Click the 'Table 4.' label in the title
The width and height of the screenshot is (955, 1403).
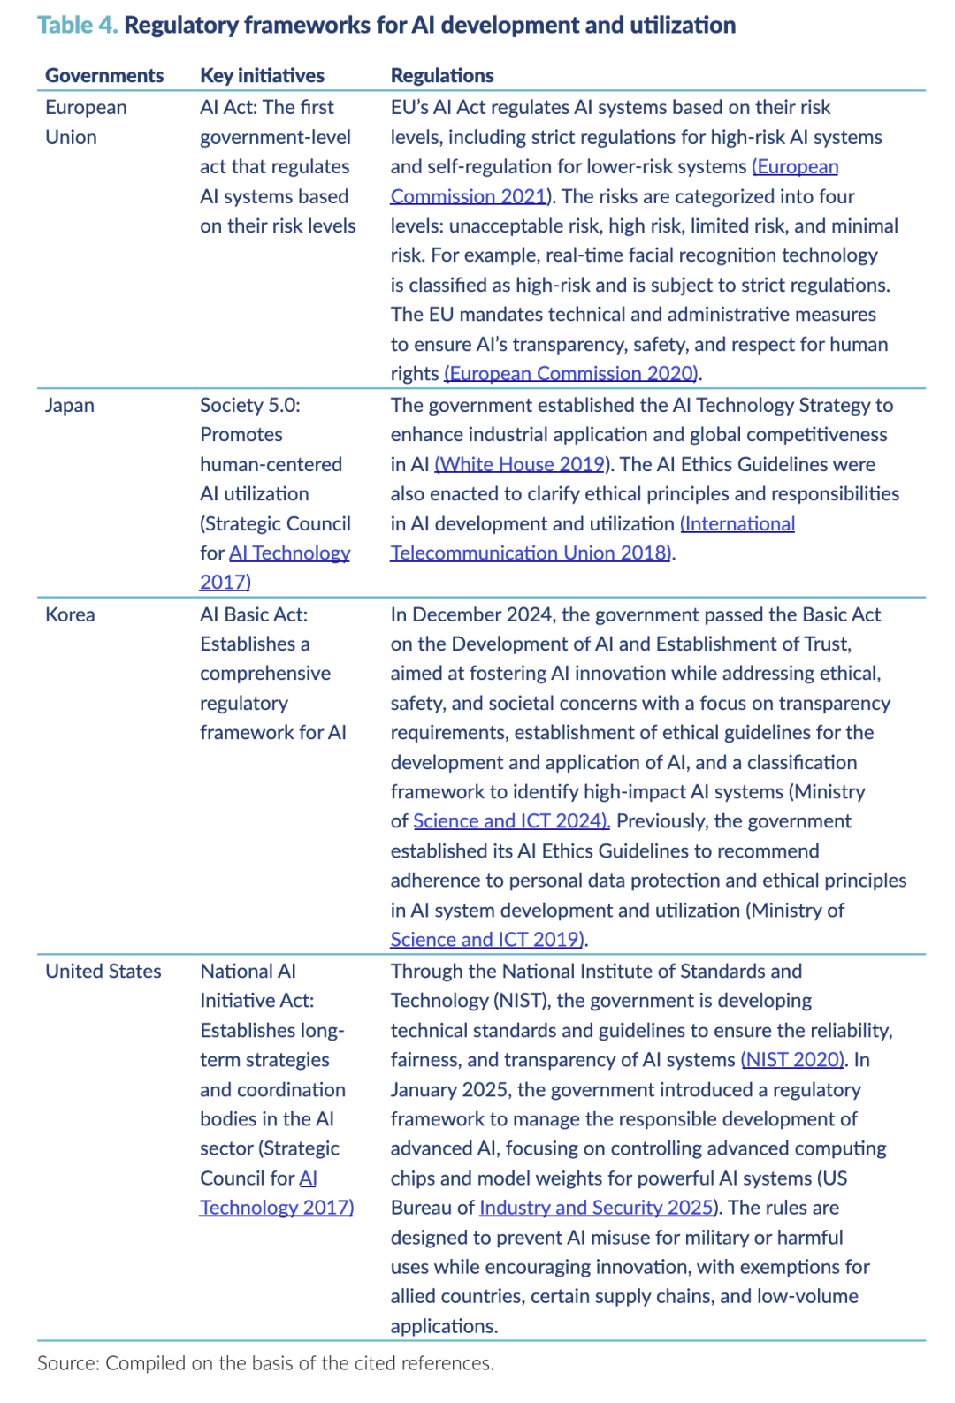(77, 25)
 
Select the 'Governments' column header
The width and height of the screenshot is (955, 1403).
(104, 75)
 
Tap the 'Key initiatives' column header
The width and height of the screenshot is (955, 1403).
(262, 75)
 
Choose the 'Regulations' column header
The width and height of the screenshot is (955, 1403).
(442, 75)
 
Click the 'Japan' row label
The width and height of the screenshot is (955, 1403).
(70, 405)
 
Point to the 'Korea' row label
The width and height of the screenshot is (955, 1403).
(70, 614)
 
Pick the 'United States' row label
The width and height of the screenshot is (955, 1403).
(103, 971)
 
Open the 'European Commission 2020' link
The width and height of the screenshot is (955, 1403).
(572, 373)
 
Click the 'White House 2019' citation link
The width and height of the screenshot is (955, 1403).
(520, 464)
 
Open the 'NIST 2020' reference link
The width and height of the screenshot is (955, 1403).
(793, 1059)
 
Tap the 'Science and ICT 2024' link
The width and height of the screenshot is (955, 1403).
(511, 820)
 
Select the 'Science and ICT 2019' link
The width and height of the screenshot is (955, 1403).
(488, 939)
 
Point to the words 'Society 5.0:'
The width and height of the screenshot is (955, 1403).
(250, 405)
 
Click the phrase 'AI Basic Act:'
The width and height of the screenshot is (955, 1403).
(254, 614)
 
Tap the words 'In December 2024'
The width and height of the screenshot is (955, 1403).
(471, 614)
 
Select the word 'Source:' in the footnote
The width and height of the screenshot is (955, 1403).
(68, 1363)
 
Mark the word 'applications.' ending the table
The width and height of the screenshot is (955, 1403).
(444, 1325)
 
